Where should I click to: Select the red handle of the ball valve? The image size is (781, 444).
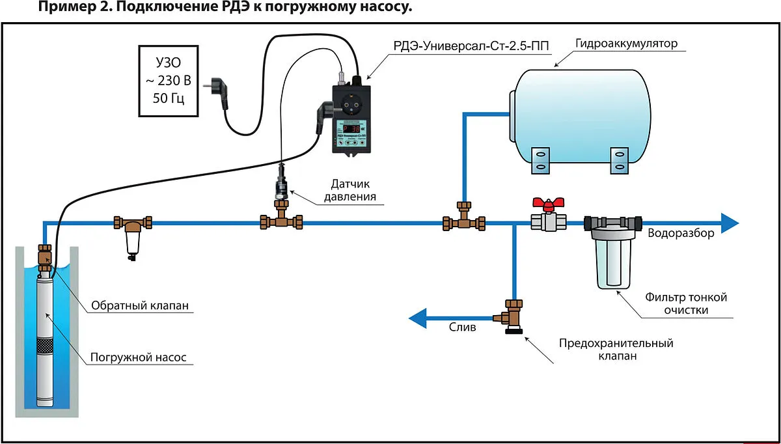(547, 204)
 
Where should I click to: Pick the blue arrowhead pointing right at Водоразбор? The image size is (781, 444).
(728, 223)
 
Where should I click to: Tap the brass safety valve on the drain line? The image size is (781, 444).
(512, 317)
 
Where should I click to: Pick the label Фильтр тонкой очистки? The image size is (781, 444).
(685, 303)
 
